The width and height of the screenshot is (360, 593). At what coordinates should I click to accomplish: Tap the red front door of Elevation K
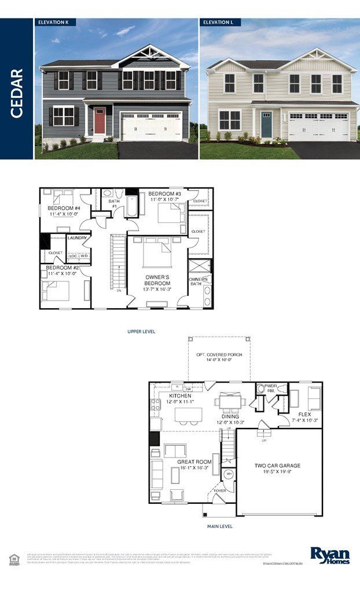100,119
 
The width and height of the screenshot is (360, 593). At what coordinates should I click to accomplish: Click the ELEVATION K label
53,22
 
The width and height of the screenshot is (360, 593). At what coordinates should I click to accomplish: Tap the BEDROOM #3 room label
165,193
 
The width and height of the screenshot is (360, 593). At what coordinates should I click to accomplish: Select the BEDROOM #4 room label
64,208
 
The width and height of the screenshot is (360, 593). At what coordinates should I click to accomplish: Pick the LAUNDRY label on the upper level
78,237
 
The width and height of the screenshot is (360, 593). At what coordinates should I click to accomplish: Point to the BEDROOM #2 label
63,268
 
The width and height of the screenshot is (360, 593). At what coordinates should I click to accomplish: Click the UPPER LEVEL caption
141,332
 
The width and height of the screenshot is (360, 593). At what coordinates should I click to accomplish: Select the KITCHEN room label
180,396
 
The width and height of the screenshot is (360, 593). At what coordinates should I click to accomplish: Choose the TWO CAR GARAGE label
278,466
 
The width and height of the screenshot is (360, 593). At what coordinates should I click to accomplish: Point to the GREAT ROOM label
194,462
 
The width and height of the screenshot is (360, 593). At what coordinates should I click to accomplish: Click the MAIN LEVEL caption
220,526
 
